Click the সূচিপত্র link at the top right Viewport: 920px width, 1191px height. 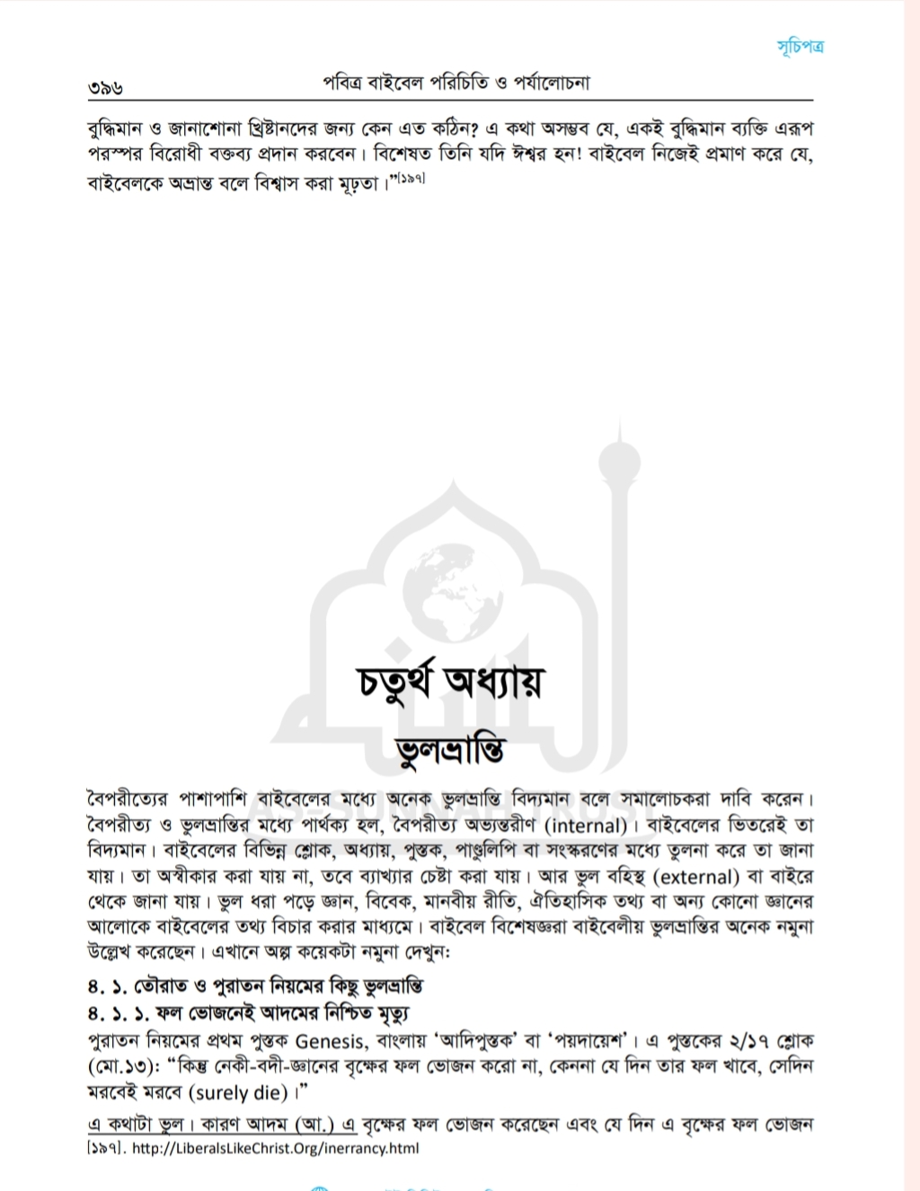pos(800,46)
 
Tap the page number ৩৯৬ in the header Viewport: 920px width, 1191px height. pos(105,88)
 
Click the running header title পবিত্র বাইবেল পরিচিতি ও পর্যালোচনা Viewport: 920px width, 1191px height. pos(456,84)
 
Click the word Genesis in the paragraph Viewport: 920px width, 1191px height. pos(331,1042)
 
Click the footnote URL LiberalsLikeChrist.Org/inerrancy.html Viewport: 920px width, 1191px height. pos(275,1148)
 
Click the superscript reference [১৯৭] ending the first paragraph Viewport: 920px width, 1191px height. pos(410,179)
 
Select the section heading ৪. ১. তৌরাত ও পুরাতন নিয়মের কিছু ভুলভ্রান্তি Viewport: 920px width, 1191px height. pos(255,986)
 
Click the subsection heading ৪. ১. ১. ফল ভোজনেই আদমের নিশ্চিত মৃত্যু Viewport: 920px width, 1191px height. pos(248,1013)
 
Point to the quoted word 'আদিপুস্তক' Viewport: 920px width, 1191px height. pos(480,1042)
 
